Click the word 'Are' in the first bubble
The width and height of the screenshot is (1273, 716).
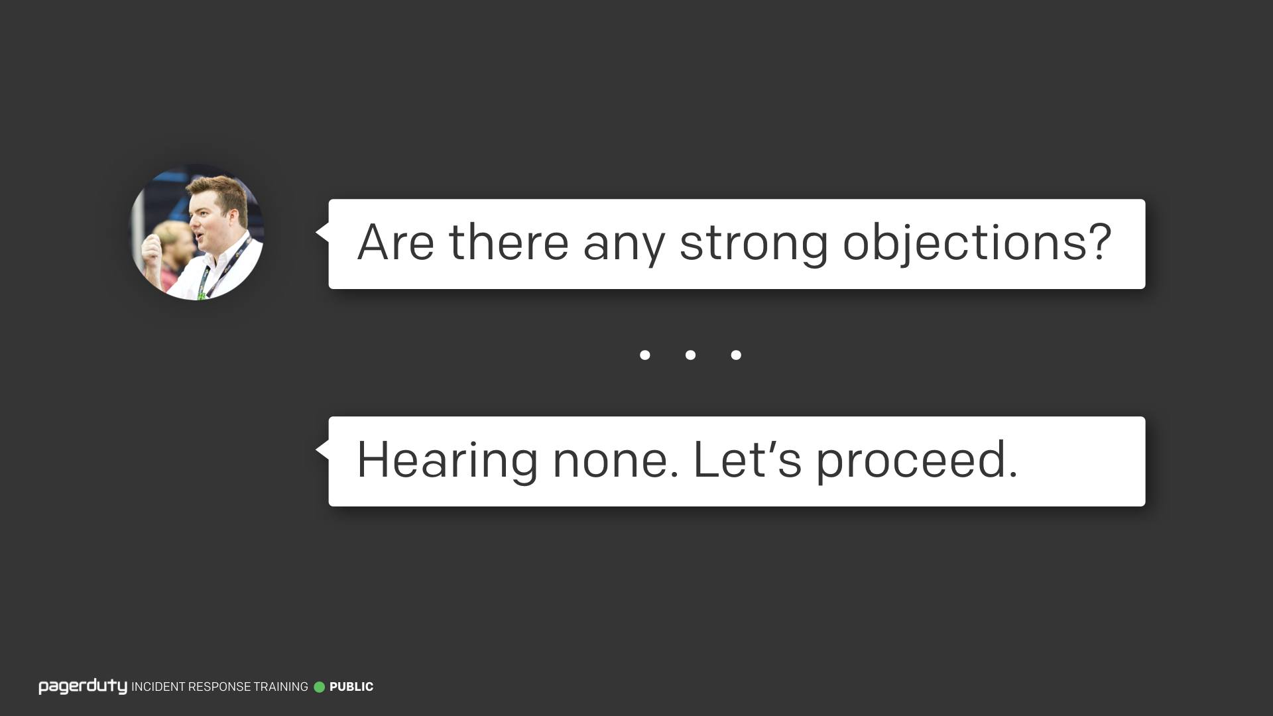click(396, 242)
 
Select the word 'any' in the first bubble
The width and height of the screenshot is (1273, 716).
click(624, 247)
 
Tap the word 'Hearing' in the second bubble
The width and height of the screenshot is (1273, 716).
click(448, 461)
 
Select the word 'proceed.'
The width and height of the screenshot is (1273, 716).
click(916, 462)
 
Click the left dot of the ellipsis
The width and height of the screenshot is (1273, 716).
click(644, 355)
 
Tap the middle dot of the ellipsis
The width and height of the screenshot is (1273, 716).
click(690, 355)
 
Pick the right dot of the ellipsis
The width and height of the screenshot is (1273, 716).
click(736, 355)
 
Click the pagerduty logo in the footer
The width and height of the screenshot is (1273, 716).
click(83, 687)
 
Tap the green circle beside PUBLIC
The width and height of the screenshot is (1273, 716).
click(320, 687)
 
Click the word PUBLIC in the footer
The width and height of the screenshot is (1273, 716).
click(351, 687)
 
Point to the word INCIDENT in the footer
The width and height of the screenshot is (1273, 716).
click(158, 687)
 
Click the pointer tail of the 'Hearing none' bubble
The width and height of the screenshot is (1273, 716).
click(322, 450)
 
